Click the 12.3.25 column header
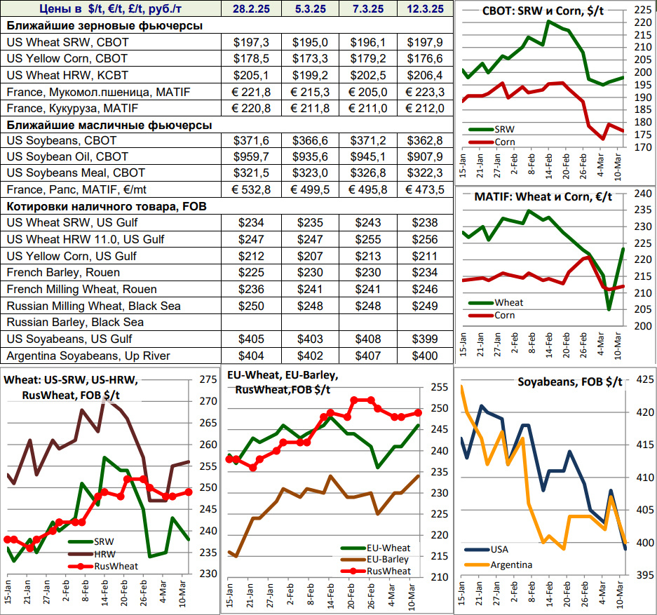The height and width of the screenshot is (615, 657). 424,9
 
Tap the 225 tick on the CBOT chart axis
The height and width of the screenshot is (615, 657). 641,10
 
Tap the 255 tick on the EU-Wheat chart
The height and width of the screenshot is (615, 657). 438,387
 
